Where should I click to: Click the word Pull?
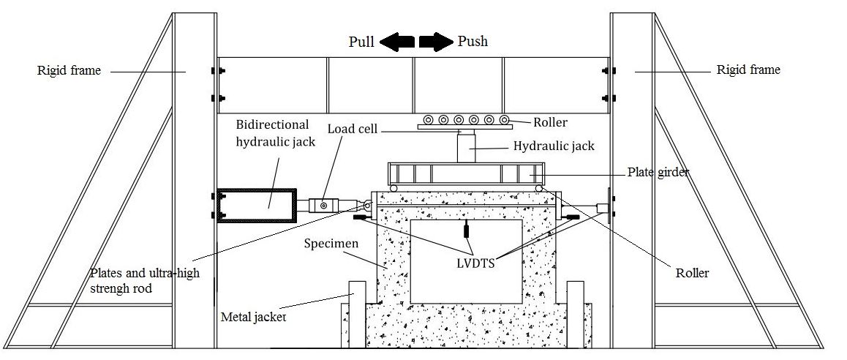point(361,42)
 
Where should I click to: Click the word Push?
point(473,41)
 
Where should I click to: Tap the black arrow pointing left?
point(397,42)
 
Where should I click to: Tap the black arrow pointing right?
point(437,42)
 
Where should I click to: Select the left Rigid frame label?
point(69,70)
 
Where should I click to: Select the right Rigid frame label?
point(748,70)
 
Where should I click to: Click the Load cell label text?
point(353,129)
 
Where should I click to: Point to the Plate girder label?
point(658,173)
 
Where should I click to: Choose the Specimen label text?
point(331,243)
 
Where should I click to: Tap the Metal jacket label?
point(253,317)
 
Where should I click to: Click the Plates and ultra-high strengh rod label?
point(145,280)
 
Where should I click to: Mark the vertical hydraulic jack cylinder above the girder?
point(466,148)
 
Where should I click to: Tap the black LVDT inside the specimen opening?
point(466,230)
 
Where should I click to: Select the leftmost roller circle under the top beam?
point(429,119)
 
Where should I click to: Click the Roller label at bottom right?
point(692,273)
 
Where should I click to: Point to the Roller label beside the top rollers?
point(551,123)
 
